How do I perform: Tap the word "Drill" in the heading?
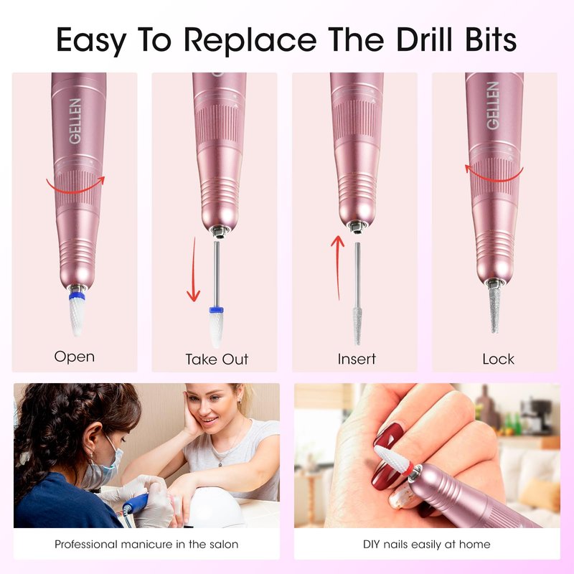(x=424, y=39)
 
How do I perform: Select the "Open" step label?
(x=75, y=357)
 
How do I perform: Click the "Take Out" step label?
(x=217, y=359)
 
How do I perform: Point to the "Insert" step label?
(x=357, y=359)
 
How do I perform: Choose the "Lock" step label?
(x=498, y=359)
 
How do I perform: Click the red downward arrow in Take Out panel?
(x=193, y=270)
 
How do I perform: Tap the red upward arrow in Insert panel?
(x=337, y=267)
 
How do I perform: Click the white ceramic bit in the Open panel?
(x=77, y=312)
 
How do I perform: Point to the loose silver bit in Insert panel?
(x=357, y=293)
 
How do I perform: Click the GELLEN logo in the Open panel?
(x=75, y=121)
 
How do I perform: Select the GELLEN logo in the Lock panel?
(x=493, y=105)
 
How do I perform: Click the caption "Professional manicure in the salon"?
(x=146, y=545)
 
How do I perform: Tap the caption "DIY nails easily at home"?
(x=426, y=545)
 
